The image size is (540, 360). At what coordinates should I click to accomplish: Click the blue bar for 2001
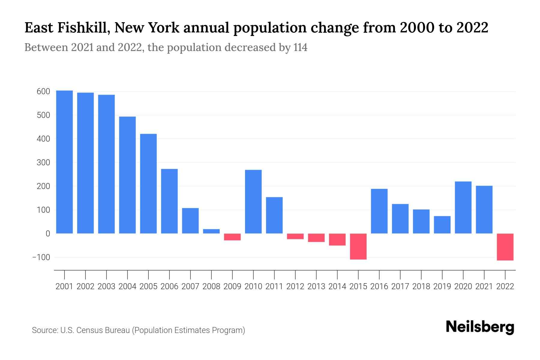[x=64, y=162]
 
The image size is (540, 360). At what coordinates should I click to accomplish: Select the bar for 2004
[x=127, y=175]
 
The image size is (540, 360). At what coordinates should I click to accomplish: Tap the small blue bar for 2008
[x=211, y=231]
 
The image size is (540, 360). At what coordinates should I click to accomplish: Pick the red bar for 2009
[x=232, y=237]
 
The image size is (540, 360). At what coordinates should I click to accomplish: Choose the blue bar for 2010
[x=253, y=202]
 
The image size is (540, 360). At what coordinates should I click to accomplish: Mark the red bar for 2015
[x=358, y=246]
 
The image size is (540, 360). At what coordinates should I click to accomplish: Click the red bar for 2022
[x=505, y=247]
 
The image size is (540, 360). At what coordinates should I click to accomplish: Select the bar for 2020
[x=463, y=207]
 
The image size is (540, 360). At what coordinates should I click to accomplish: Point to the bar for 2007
[x=190, y=220]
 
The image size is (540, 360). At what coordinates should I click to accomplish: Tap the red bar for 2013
[x=316, y=238]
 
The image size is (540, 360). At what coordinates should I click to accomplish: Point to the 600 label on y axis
[x=43, y=91]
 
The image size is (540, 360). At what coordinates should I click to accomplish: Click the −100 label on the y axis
[x=41, y=257]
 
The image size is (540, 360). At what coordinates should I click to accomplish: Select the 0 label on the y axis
[x=48, y=234]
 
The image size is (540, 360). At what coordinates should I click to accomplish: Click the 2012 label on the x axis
[x=295, y=286]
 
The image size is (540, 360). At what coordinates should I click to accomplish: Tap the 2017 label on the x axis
[x=400, y=286]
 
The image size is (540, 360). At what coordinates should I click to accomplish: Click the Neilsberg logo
[x=480, y=327]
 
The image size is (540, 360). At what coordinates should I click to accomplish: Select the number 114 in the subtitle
[x=300, y=47]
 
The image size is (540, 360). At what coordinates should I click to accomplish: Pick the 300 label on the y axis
[x=43, y=163]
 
